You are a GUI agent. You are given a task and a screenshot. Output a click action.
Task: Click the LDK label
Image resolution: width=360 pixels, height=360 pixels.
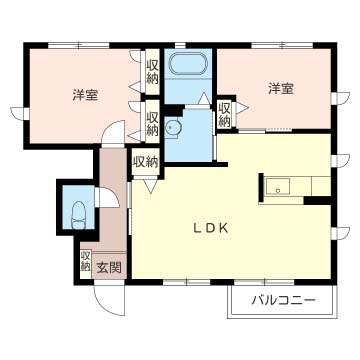211,228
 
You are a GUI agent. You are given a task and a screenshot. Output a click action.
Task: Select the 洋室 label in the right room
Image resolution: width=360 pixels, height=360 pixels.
281,89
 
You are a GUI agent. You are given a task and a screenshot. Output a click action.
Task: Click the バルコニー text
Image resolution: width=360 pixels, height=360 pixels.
283,300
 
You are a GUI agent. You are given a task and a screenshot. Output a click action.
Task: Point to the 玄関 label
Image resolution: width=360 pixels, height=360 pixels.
109,267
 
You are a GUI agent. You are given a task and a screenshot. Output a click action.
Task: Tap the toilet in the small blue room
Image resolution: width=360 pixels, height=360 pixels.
78,212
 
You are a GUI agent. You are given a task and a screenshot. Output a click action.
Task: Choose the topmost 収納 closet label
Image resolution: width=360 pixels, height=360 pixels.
152,72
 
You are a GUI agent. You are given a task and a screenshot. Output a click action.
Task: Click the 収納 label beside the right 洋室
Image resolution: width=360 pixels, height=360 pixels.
225,114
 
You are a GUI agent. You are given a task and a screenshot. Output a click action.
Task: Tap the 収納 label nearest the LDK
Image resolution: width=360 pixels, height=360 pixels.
144,160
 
